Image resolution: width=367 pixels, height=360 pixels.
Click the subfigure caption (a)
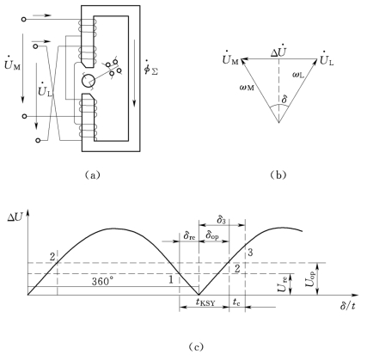tap(93, 174)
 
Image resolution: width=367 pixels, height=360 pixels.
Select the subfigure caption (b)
tap(278, 174)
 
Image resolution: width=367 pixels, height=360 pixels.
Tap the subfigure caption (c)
tap(196, 347)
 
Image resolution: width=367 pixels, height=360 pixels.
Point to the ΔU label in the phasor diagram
tap(278, 52)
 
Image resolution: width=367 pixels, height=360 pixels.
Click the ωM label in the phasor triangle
tap(247, 87)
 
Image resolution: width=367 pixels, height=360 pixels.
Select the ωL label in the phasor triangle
tap(298, 75)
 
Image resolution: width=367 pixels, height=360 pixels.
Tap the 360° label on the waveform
tap(102, 281)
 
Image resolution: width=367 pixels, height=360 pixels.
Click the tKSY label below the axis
tap(205, 302)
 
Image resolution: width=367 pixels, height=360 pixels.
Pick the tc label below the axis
tap(236, 302)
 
